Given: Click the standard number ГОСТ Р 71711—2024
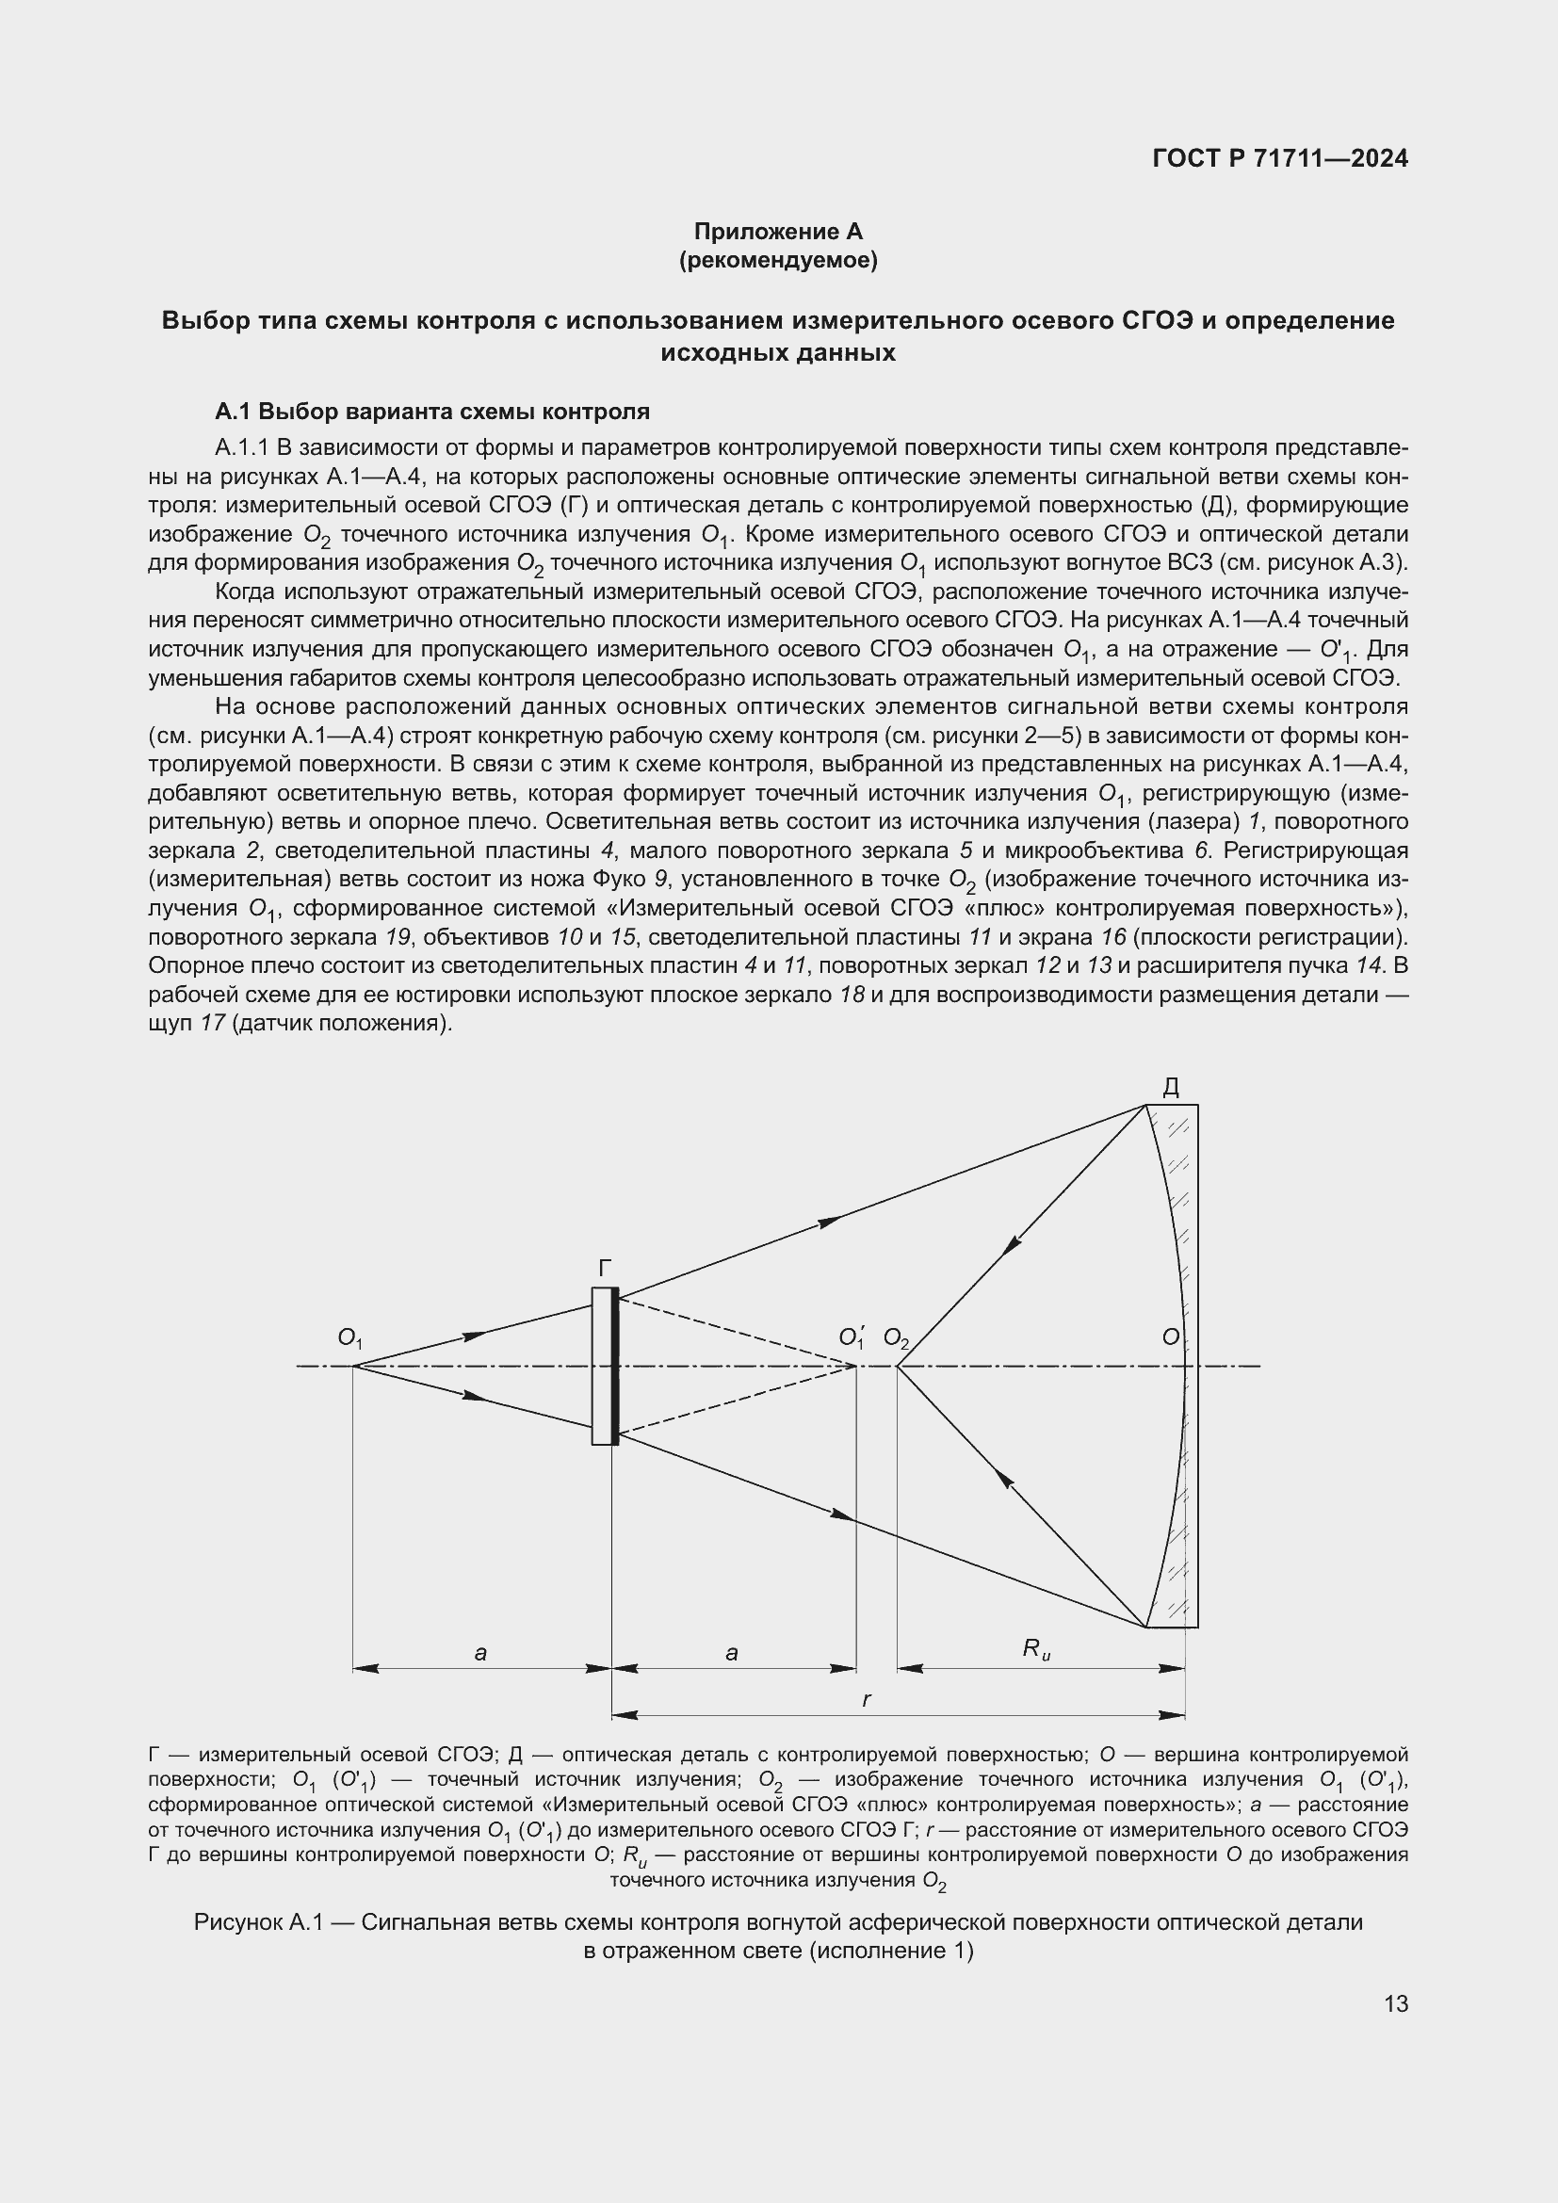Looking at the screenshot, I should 1280,158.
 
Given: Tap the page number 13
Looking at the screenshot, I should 1396,2003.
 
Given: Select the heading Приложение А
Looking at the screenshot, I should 778,232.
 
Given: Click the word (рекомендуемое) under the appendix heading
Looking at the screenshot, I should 778,260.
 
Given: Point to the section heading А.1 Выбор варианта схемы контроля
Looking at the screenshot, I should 431,412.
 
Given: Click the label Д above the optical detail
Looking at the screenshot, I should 1171,1087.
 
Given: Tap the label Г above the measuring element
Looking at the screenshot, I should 605,1269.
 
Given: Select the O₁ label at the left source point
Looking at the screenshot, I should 349,1336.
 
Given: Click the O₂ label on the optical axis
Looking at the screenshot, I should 895,1337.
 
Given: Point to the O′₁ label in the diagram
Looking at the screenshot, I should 851,1336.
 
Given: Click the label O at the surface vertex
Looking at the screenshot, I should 1171,1336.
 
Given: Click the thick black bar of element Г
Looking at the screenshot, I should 615,1366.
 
